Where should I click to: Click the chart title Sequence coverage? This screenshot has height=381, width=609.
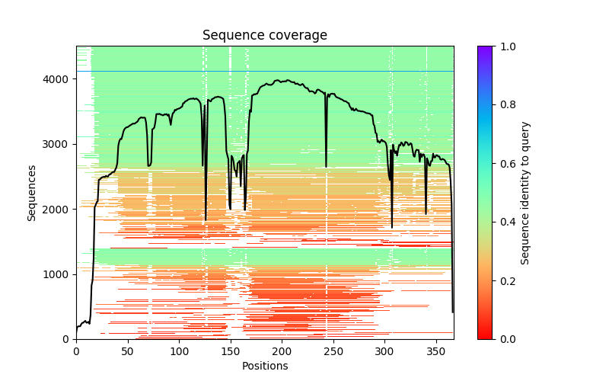point(264,36)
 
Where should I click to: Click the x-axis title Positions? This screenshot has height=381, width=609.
point(264,366)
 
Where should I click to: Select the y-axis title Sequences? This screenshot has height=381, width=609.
point(32,193)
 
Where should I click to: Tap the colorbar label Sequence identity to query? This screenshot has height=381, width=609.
point(525,193)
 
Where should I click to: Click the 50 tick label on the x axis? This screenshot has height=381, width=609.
point(127,351)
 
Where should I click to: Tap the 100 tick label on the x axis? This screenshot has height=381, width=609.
point(179,351)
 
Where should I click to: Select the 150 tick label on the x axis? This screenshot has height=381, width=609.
point(231,351)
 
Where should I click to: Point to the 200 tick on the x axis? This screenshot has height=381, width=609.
point(282,351)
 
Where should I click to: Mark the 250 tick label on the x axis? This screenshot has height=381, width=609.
point(333,351)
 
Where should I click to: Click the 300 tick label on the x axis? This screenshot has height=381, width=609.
point(384,351)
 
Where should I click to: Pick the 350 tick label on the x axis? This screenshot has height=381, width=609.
point(436,351)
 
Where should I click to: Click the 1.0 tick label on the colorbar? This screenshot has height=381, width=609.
point(507,46)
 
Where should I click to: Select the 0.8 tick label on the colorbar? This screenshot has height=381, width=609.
point(507,105)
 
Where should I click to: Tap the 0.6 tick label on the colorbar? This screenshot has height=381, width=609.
point(507,164)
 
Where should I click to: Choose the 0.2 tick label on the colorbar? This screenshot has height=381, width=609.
point(507,280)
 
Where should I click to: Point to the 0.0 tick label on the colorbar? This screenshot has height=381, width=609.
point(507,339)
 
